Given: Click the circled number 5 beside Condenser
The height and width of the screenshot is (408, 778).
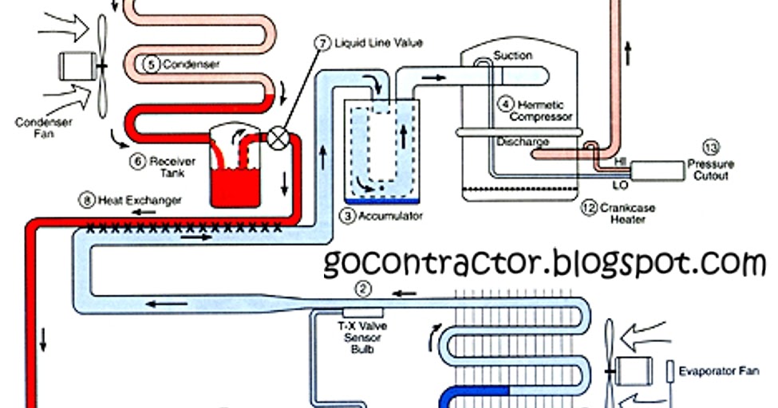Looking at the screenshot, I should (152, 65).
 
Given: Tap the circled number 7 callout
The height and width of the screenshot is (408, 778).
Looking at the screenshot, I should (323, 42).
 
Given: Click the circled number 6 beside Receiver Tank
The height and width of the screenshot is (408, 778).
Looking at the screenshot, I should (138, 162).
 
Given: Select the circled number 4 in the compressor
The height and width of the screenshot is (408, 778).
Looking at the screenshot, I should (506, 104).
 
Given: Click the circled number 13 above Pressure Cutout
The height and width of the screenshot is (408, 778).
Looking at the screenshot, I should (710, 147).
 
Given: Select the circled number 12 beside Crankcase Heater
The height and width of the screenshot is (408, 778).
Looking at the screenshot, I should (589, 208).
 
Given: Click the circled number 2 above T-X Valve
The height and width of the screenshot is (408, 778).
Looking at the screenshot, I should (364, 289).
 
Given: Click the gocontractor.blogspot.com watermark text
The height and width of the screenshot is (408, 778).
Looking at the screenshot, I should (545, 262).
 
